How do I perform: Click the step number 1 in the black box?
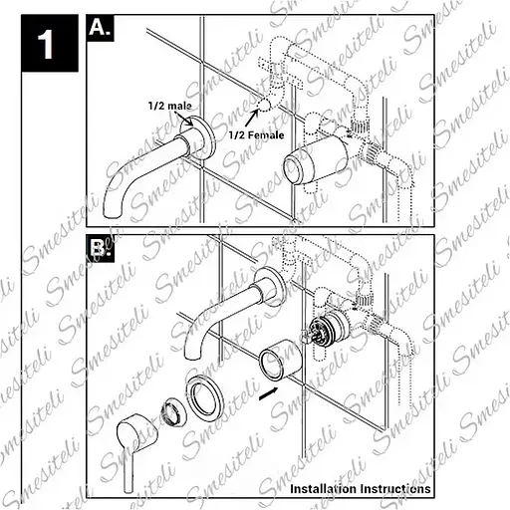click(x=46, y=45)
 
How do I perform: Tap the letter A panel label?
click(x=100, y=28)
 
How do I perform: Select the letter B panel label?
click(x=100, y=248)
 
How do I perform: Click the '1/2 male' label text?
click(x=169, y=106)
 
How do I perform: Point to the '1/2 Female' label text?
click(x=256, y=135)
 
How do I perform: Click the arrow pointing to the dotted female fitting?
click(x=252, y=118)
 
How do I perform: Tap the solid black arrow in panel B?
click(x=269, y=393)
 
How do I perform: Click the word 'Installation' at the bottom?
click(x=323, y=488)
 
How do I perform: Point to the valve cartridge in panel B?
click(x=327, y=329)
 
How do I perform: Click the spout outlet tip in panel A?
click(x=113, y=211)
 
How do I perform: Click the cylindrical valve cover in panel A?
click(x=317, y=161)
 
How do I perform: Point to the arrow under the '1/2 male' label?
click(x=184, y=119)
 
